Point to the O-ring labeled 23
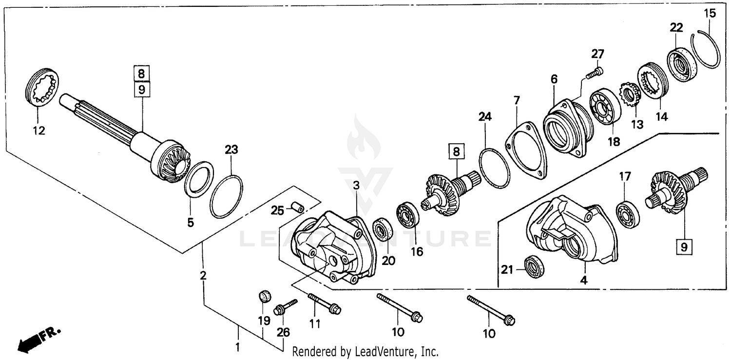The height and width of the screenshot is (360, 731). tap(227, 197)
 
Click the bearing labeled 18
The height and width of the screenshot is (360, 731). tap(604, 106)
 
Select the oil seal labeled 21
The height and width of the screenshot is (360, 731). tap(534, 266)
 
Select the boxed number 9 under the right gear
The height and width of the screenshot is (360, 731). tap(684, 247)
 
